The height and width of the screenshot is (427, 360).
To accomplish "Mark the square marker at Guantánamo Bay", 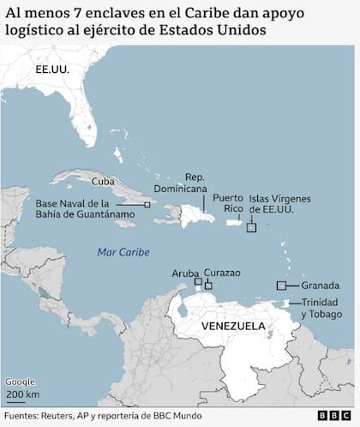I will tap(147, 205).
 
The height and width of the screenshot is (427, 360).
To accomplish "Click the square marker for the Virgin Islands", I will tap(251, 228).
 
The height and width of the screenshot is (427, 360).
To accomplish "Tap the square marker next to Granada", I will tap(280, 286).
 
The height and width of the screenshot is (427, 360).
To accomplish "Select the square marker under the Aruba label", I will tap(198, 281).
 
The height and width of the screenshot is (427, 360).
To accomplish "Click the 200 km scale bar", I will tap(21, 394).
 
